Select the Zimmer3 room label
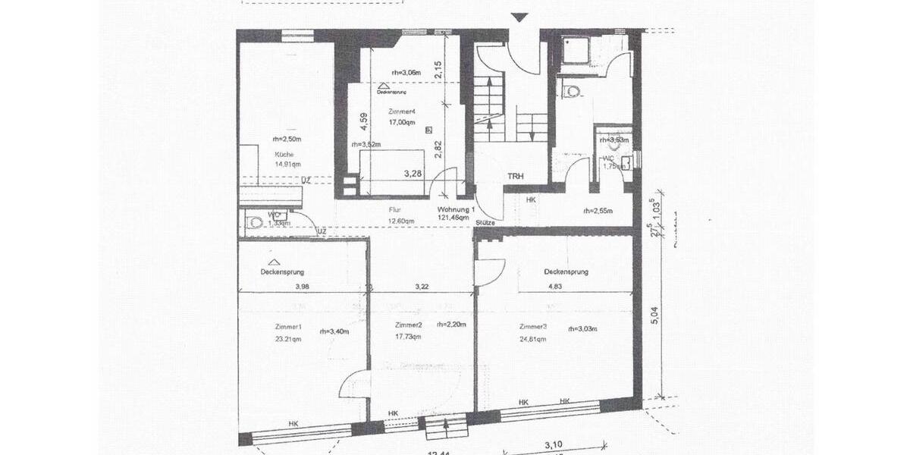532,327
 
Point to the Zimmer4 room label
402,111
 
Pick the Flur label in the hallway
394,209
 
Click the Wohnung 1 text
456,209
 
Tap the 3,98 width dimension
303,287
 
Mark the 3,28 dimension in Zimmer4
413,174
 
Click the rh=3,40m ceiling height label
334,331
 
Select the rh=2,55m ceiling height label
598,211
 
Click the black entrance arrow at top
518,17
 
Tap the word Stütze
486,223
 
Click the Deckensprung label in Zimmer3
566,271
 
